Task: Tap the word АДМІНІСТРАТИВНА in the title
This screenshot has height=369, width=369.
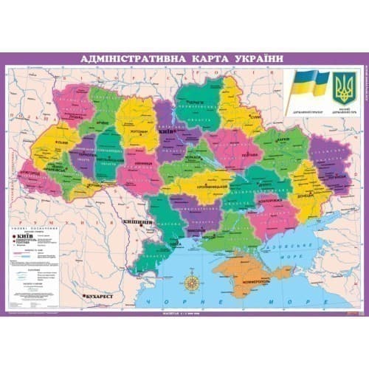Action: pyautogui.click(x=122, y=59)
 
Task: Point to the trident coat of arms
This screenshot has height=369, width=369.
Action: pyautogui.click(x=344, y=88)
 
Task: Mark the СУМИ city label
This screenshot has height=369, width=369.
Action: pyautogui.click(x=255, y=116)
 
